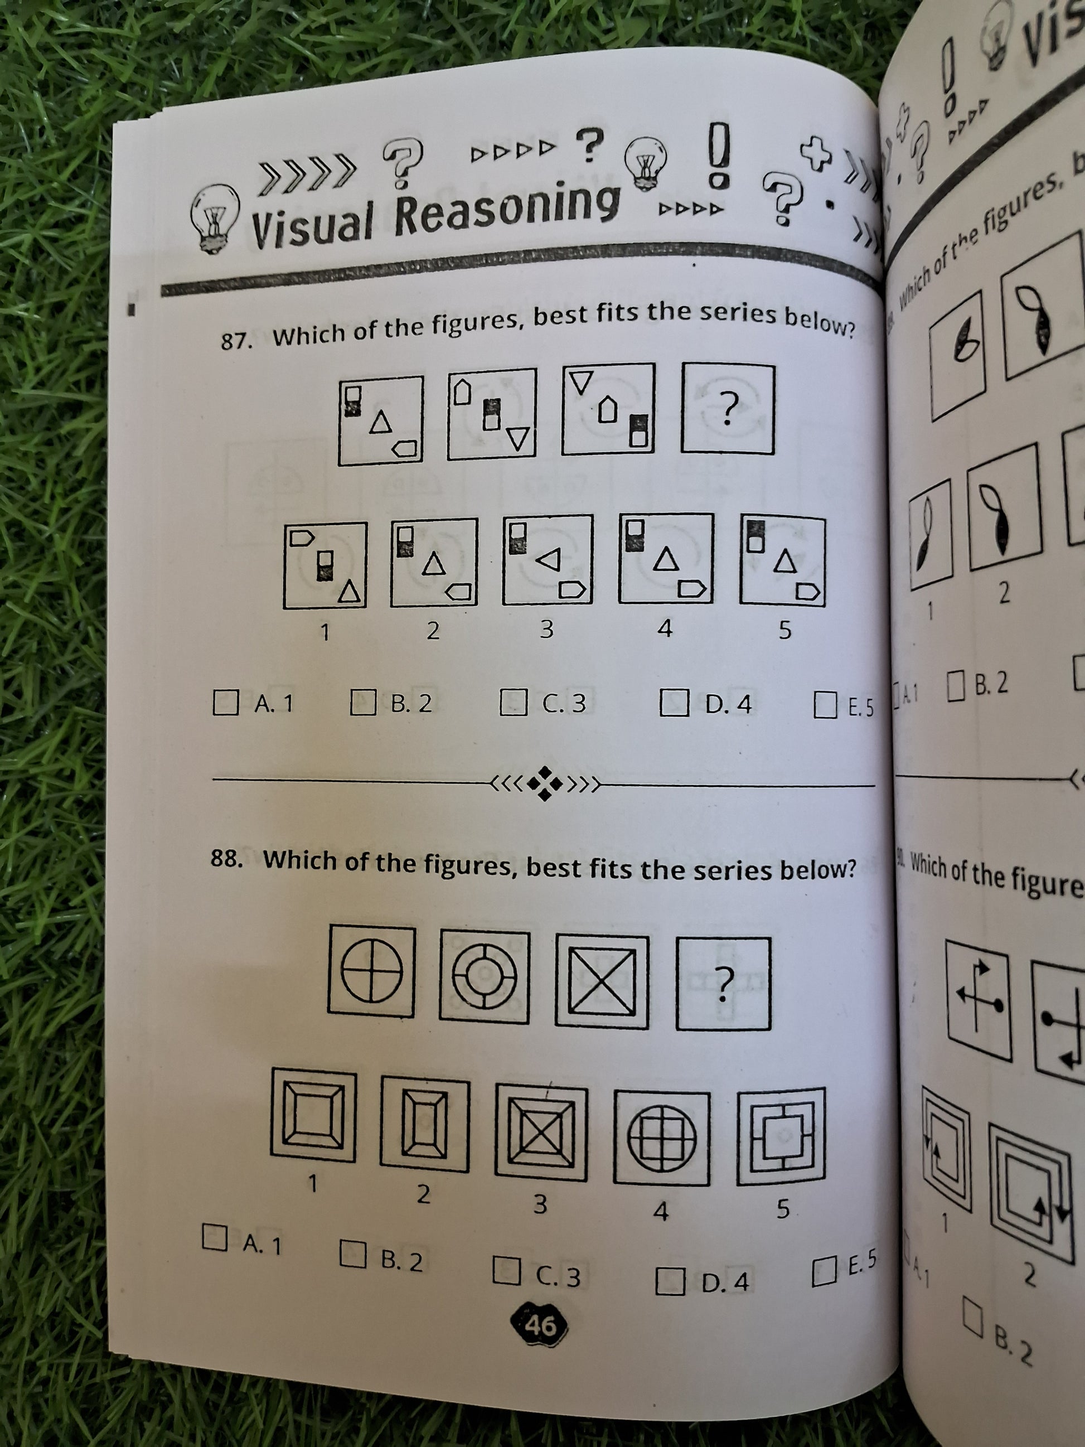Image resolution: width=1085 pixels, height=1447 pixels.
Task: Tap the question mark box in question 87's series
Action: pyautogui.click(x=727, y=409)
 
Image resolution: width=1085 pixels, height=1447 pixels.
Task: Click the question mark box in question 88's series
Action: pyautogui.click(x=723, y=983)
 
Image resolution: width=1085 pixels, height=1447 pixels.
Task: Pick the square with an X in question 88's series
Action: pyautogui.click(x=602, y=981)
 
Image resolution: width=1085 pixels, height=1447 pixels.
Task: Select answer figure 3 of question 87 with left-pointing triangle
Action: pyautogui.click(x=548, y=559)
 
